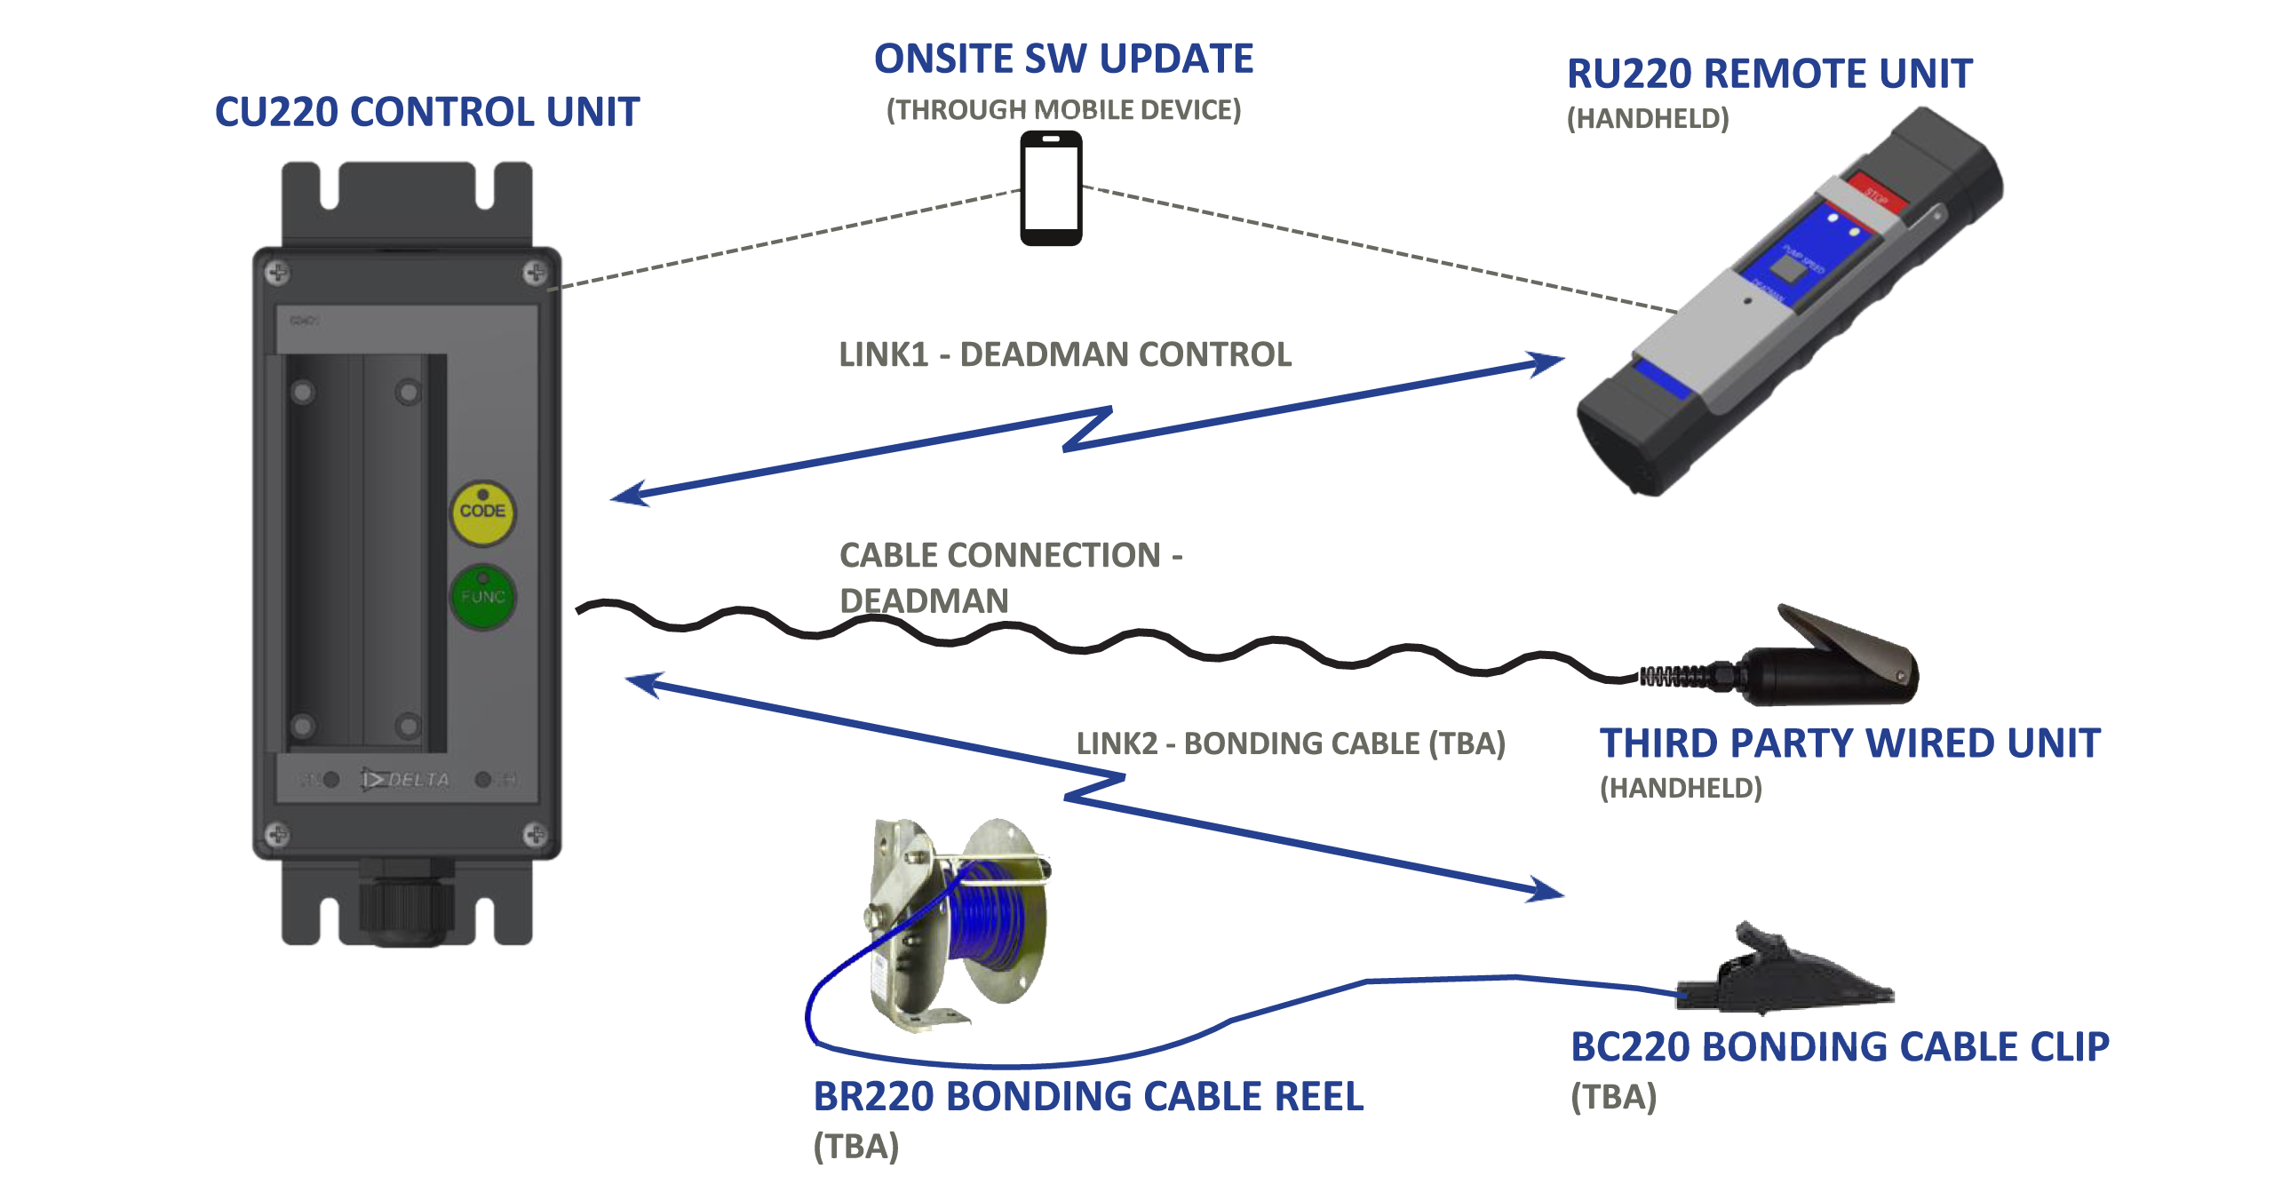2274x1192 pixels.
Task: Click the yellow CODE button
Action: click(482, 513)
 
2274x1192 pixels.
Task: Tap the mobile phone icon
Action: click(1051, 188)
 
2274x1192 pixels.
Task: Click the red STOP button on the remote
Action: click(1877, 193)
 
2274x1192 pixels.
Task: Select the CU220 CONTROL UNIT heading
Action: click(427, 113)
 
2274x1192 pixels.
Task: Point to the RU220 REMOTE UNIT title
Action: click(1769, 74)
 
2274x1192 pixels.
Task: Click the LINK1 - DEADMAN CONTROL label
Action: click(1065, 355)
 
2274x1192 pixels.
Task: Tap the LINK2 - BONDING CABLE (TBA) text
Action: click(1291, 743)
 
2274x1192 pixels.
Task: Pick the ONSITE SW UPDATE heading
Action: click(1063, 60)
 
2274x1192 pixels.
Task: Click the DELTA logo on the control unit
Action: click(406, 780)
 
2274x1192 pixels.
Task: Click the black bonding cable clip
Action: click(1785, 973)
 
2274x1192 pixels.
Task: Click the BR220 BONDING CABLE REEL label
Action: click(1088, 1097)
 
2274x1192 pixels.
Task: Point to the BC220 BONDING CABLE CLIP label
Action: click(1839, 1047)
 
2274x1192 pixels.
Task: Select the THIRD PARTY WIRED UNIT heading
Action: click(1849, 744)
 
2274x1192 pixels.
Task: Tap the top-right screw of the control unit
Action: click(535, 273)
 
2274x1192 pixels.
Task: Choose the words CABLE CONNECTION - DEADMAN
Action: click(1010, 578)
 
